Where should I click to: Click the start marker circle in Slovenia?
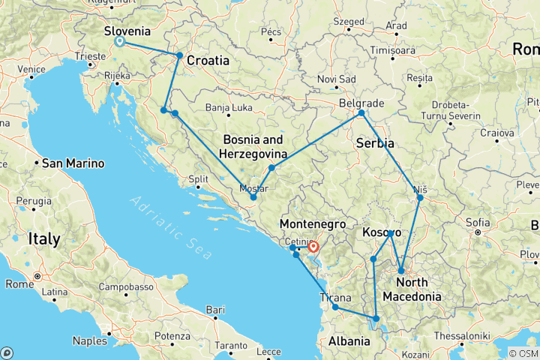[119, 41]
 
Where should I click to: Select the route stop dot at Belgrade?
[361, 112]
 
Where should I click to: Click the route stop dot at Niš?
[420, 197]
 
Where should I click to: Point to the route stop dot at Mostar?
[253, 197]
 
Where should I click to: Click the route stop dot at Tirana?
[335, 307]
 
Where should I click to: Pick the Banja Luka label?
[226, 107]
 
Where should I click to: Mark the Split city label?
[198, 179]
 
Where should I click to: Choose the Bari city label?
[216, 309]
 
